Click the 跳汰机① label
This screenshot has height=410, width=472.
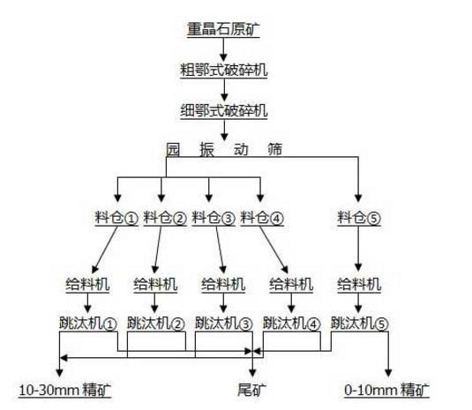pyautogui.click(x=86, y=324)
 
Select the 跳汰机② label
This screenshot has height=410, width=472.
pyautogui.click(x=155, y=324)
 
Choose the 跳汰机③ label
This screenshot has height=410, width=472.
pyautogui.click(x=223, y=324)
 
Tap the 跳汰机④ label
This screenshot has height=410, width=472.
pyautogui.click(x=292, y=324)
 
